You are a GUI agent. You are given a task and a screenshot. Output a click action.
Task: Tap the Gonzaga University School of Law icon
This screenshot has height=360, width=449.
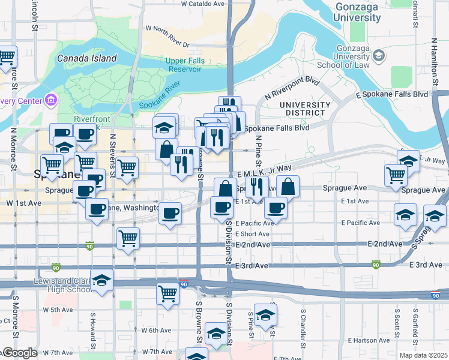378,56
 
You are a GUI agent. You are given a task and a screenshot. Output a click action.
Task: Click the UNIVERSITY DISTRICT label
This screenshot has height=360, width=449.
305,109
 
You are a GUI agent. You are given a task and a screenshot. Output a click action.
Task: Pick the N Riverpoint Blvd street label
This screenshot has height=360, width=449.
292,88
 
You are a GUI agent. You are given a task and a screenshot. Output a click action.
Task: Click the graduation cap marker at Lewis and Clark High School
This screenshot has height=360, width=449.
102,280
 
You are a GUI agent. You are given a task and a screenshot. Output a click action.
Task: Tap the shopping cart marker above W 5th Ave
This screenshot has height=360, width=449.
167,294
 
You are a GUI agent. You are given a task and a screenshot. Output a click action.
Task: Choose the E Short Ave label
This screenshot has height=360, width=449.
252,234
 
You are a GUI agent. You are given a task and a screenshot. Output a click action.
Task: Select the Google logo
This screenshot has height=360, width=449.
19,353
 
